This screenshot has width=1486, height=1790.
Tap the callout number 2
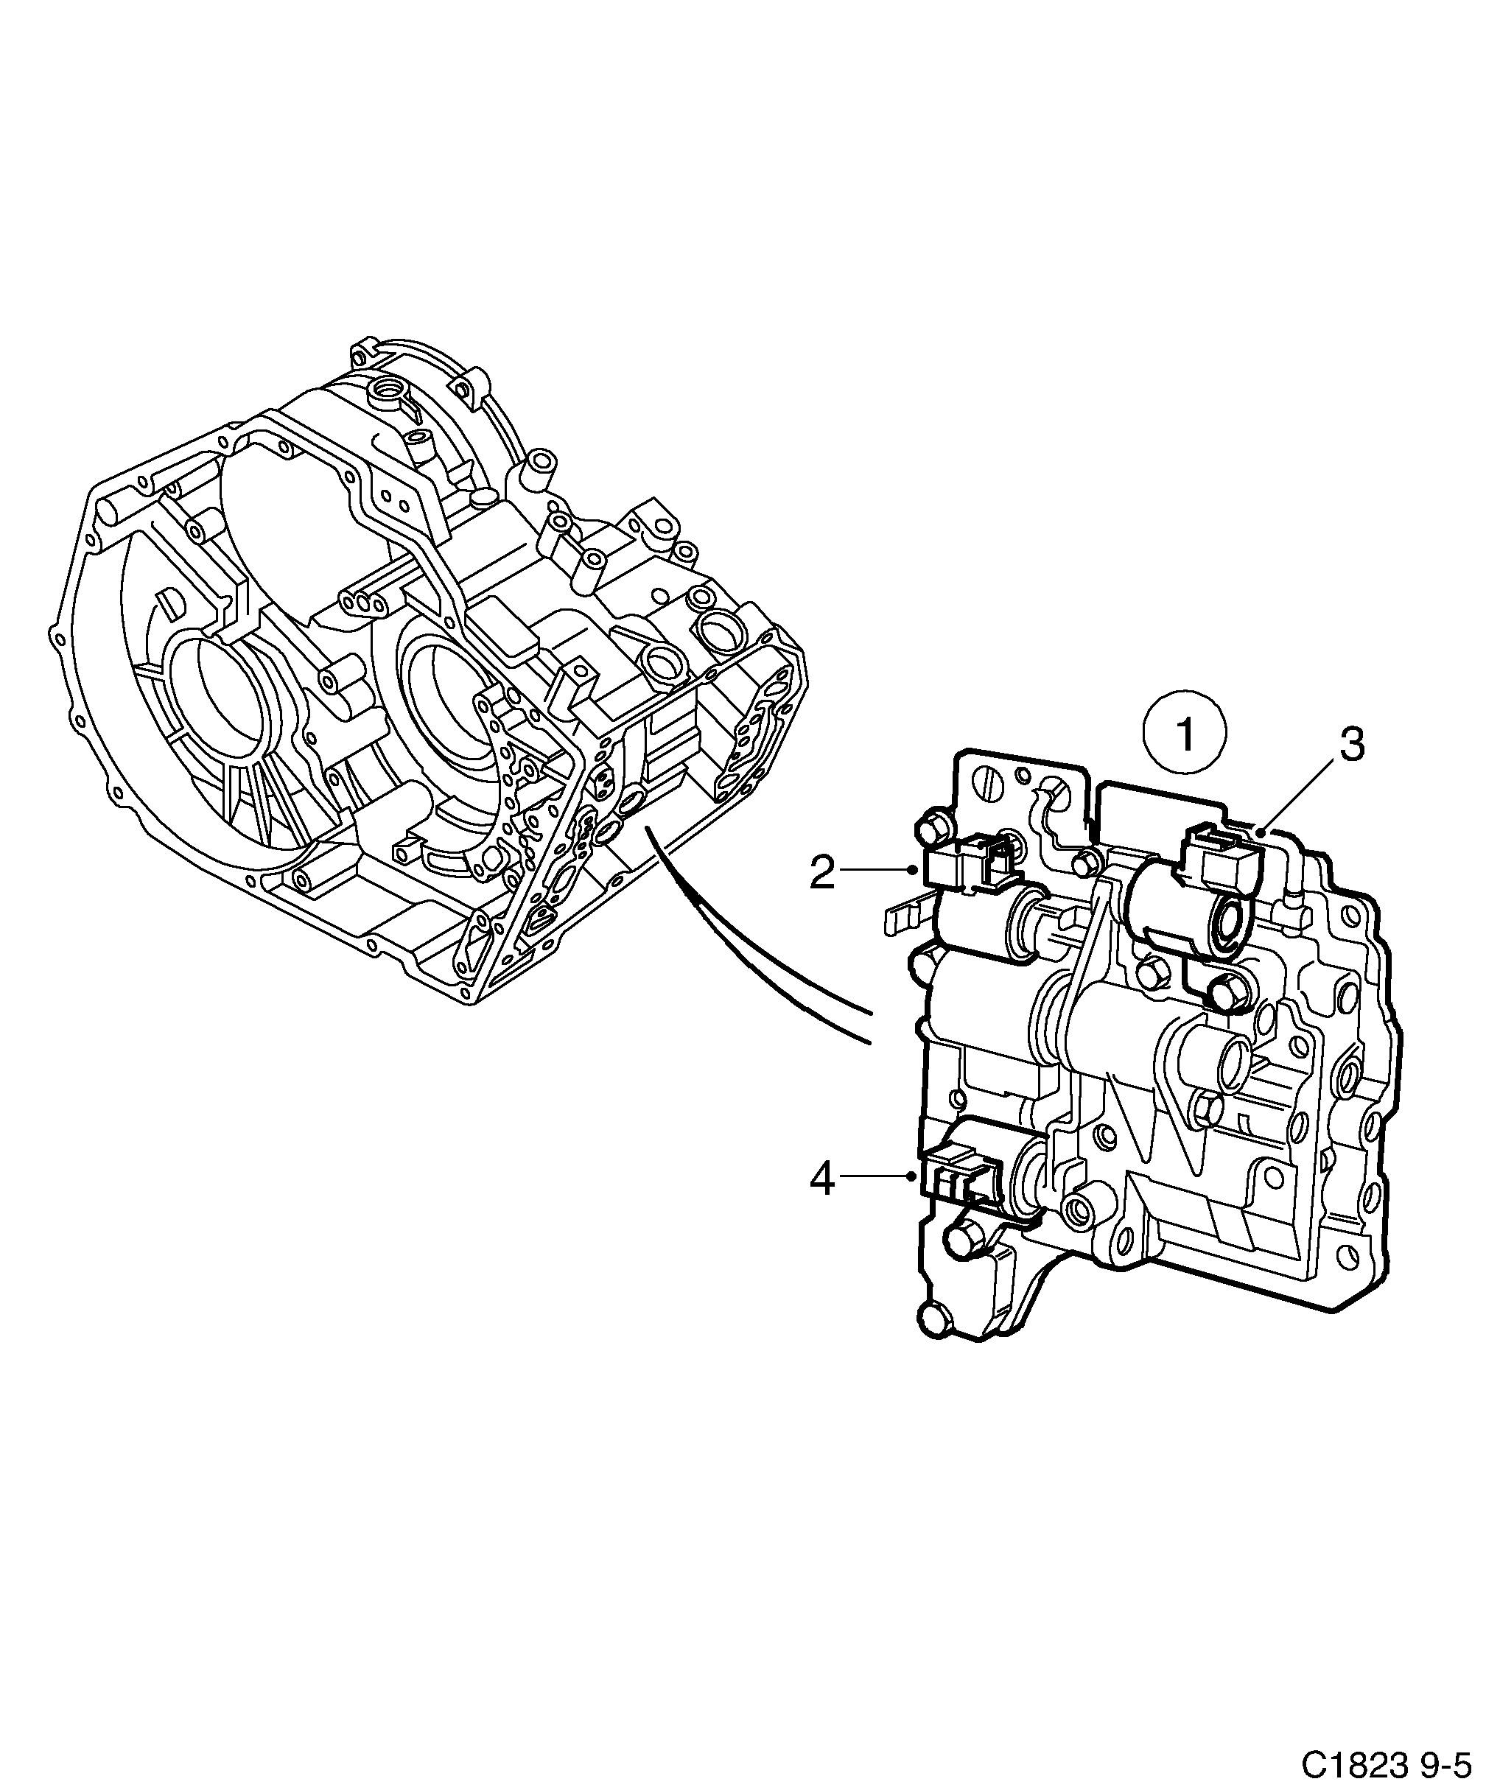click(x=822, y=873)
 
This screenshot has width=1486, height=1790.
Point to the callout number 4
click(x=822, y=1179)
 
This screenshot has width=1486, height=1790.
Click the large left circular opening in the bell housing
click(x=220, y=704)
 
